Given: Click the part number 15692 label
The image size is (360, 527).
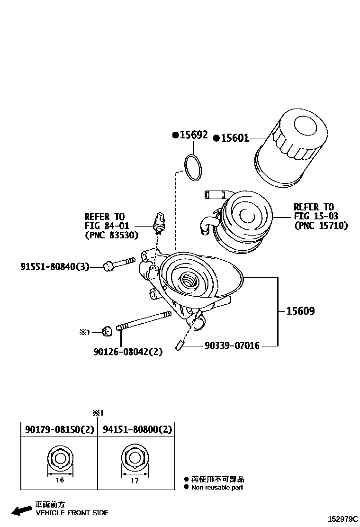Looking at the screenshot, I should (193, 135).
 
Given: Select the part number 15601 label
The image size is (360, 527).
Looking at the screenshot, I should (234, 138).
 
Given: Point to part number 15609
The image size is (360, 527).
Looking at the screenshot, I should (300, 311).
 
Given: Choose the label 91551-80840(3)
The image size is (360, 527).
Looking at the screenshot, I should (54, 267).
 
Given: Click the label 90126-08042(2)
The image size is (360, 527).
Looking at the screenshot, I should (127, 352).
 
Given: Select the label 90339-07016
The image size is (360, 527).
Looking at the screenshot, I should (232, 346).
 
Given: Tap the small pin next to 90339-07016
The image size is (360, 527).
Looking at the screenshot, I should (179, 345).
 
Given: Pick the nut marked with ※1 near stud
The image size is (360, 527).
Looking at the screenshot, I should (107, 331).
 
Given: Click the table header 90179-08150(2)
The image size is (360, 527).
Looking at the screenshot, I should (59, 430).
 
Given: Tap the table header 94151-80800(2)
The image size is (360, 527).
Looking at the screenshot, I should (137, 430).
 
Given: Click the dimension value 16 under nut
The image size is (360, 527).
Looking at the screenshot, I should (60, 480).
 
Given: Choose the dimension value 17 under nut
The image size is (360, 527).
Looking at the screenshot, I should (135, 481).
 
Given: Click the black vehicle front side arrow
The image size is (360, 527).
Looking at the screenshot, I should (22, 510).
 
